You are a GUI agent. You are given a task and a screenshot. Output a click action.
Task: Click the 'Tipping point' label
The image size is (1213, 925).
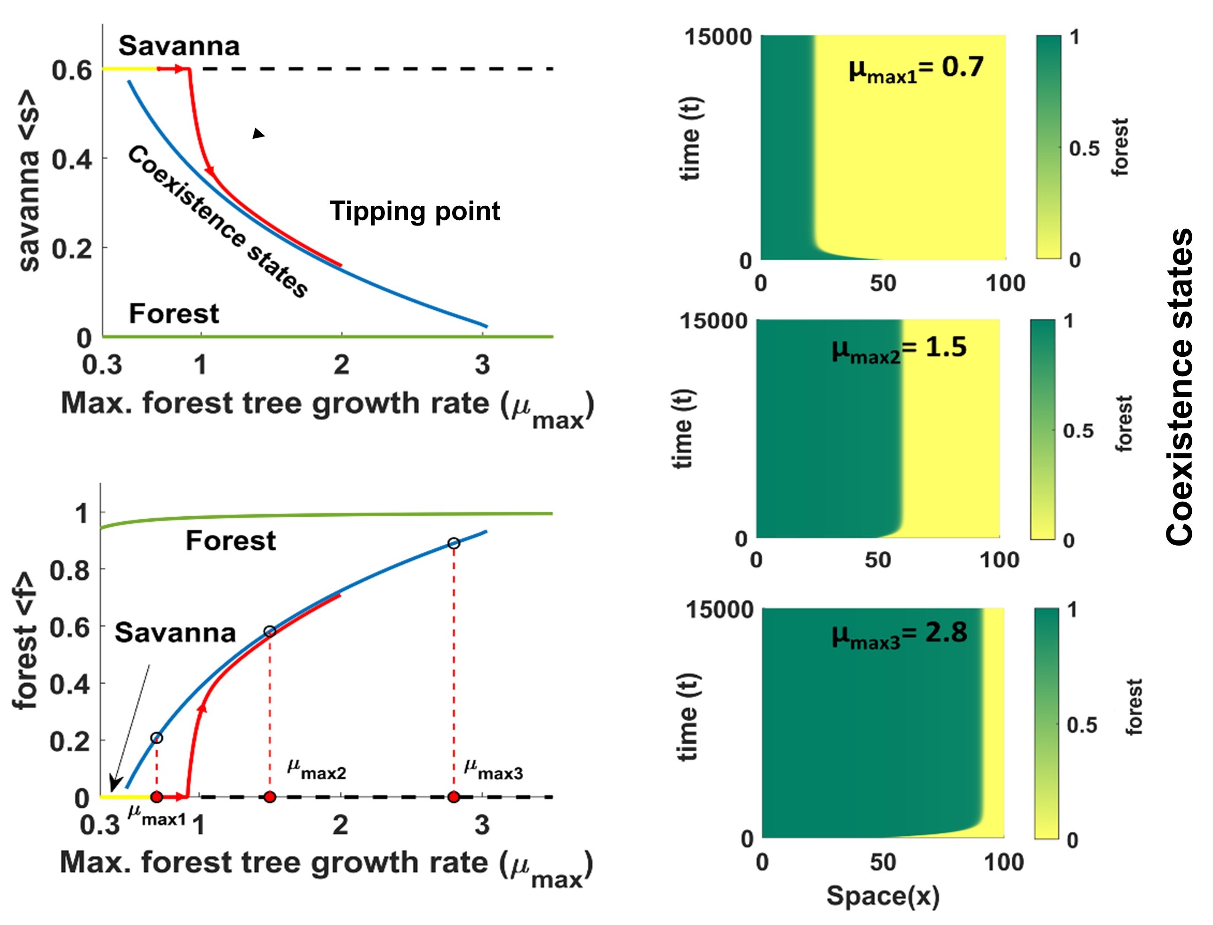click(x=415, y=211)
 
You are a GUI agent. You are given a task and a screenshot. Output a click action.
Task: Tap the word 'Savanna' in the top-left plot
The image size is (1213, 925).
click(x=179, y=46)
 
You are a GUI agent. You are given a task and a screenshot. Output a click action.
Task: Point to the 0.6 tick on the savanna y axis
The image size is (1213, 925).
click(x=72, y=71)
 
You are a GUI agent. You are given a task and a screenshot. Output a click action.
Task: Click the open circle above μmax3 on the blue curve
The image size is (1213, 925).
click(x=454, y=543)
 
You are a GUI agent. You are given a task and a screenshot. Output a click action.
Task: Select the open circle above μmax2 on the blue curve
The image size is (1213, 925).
click(x=270, y=632)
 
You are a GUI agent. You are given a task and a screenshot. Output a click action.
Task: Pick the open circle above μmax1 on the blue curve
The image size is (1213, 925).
click(x=157, y=738)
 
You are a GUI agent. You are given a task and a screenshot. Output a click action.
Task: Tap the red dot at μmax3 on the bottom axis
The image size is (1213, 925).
click(x=454, y=796)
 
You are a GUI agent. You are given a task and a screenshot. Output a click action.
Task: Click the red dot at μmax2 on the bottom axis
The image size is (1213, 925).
click(x=270, y=796)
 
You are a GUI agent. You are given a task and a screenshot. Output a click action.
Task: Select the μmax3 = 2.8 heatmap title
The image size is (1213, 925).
click(x=899, y=634)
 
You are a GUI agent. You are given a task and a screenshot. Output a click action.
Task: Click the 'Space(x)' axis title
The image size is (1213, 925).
click(x=883, y=895)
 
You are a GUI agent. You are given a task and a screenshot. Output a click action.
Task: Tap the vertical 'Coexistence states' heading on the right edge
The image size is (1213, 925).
click(x=1180, y=386)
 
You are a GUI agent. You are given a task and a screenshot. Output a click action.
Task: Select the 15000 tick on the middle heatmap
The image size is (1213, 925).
click(x=713, y=321)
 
